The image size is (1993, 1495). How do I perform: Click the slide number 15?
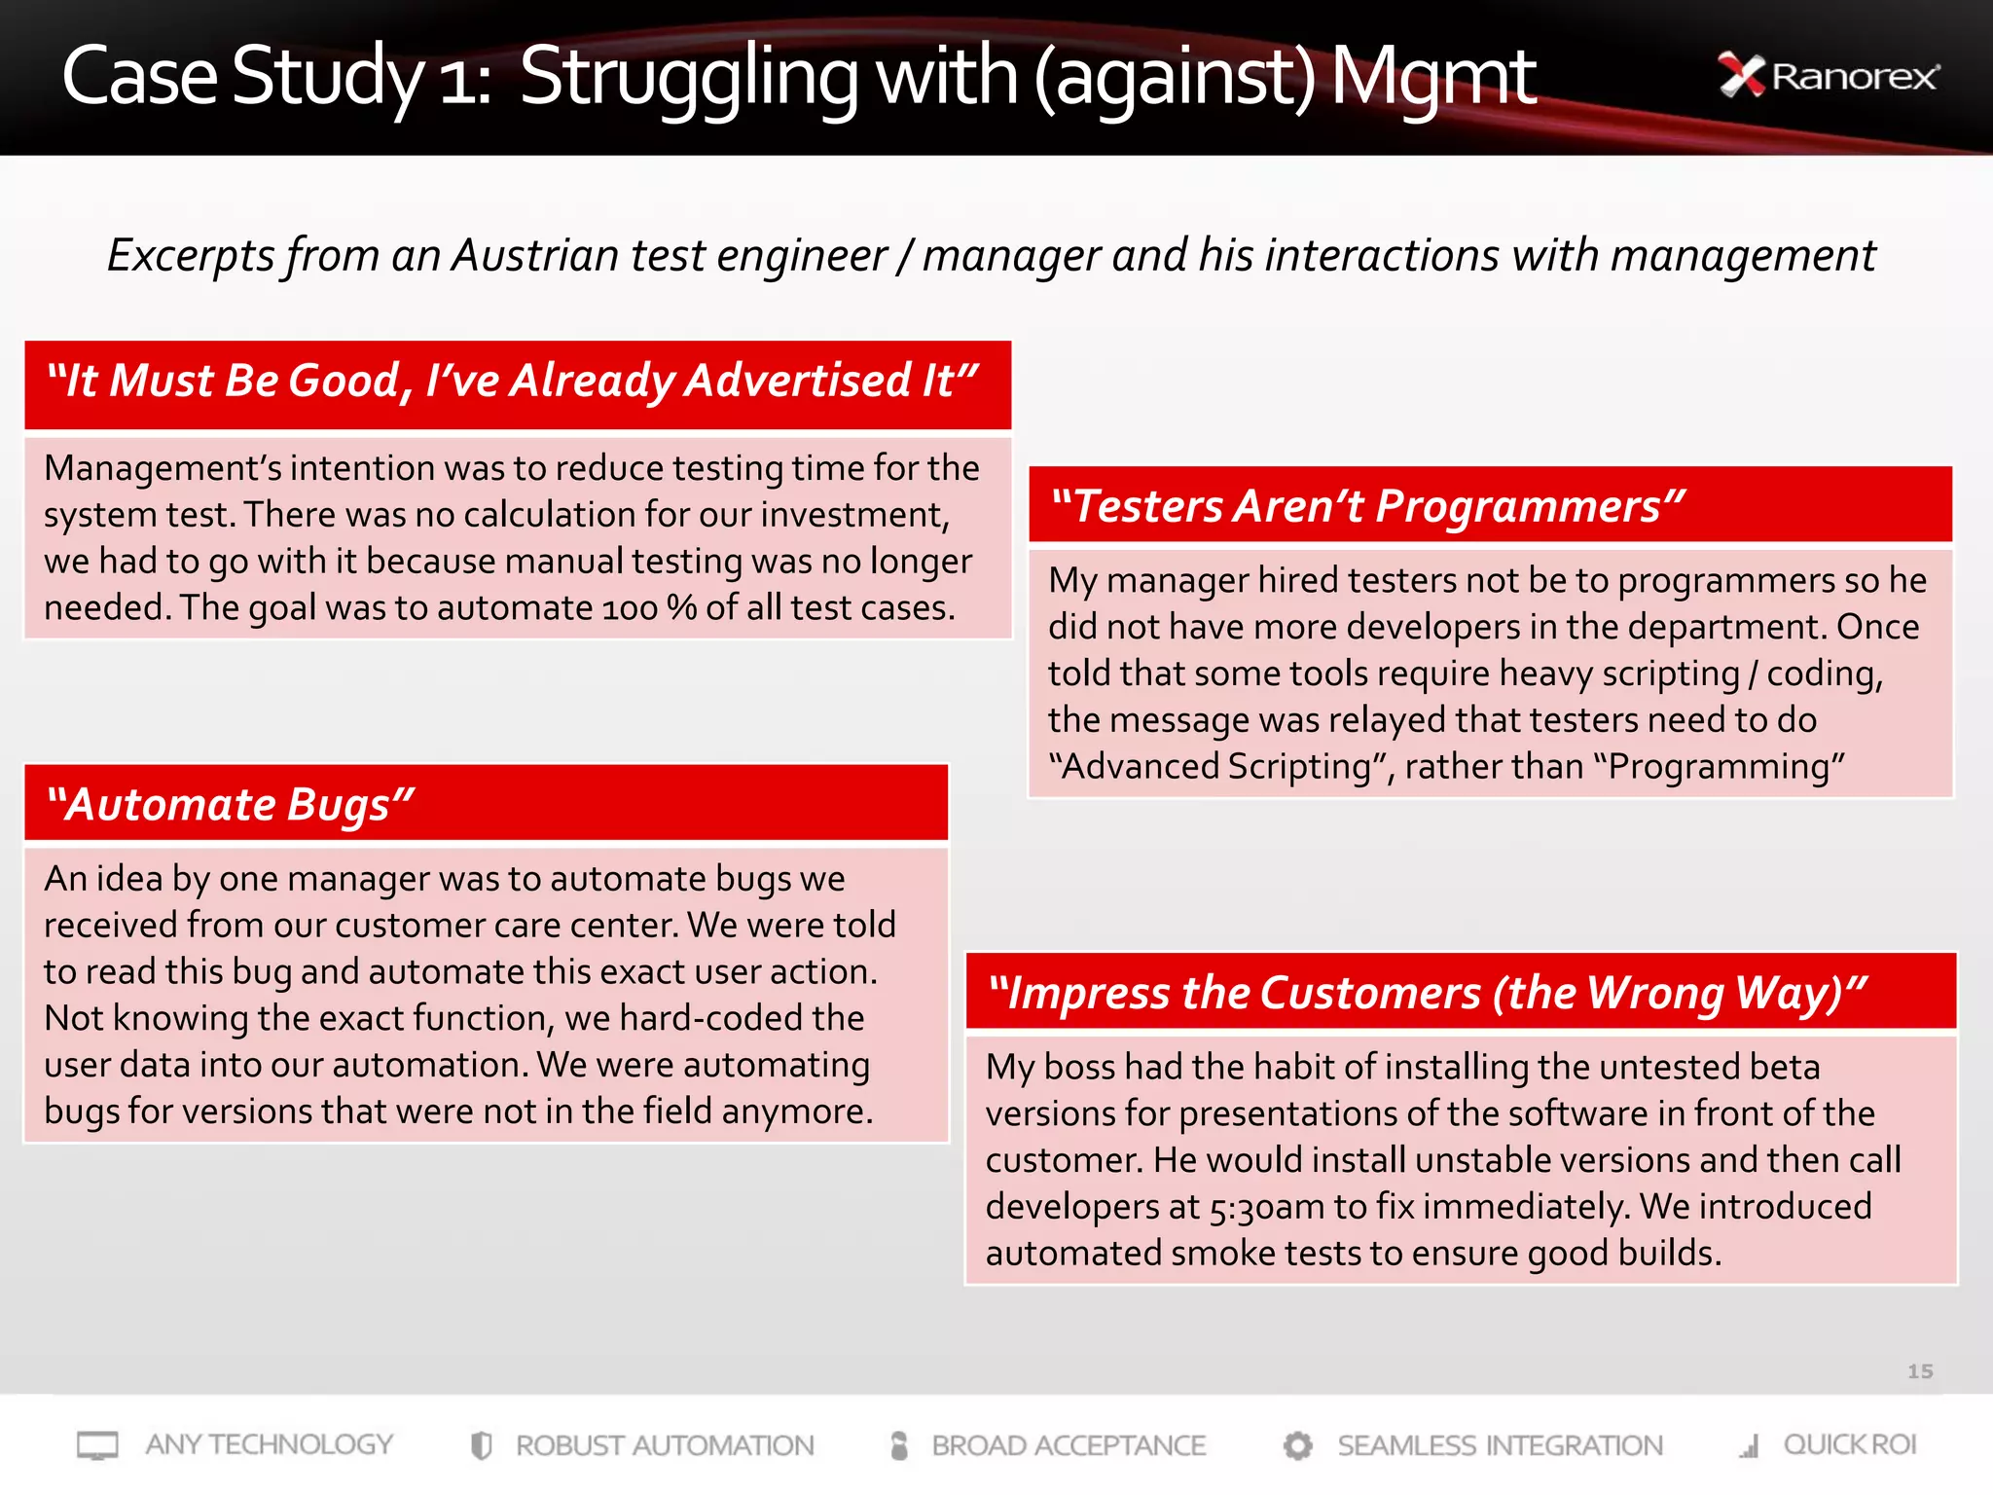1919,1371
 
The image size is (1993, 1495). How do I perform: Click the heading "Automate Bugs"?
232,805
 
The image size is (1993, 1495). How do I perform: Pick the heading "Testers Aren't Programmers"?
1368,506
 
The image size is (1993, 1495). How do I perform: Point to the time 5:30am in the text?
1266,1208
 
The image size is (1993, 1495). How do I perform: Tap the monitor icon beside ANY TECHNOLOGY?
97,1445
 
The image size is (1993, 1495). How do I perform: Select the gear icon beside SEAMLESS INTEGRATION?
1297,1445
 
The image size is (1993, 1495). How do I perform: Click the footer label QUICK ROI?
1849,1444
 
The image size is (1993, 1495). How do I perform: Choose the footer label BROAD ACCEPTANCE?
1069,1445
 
